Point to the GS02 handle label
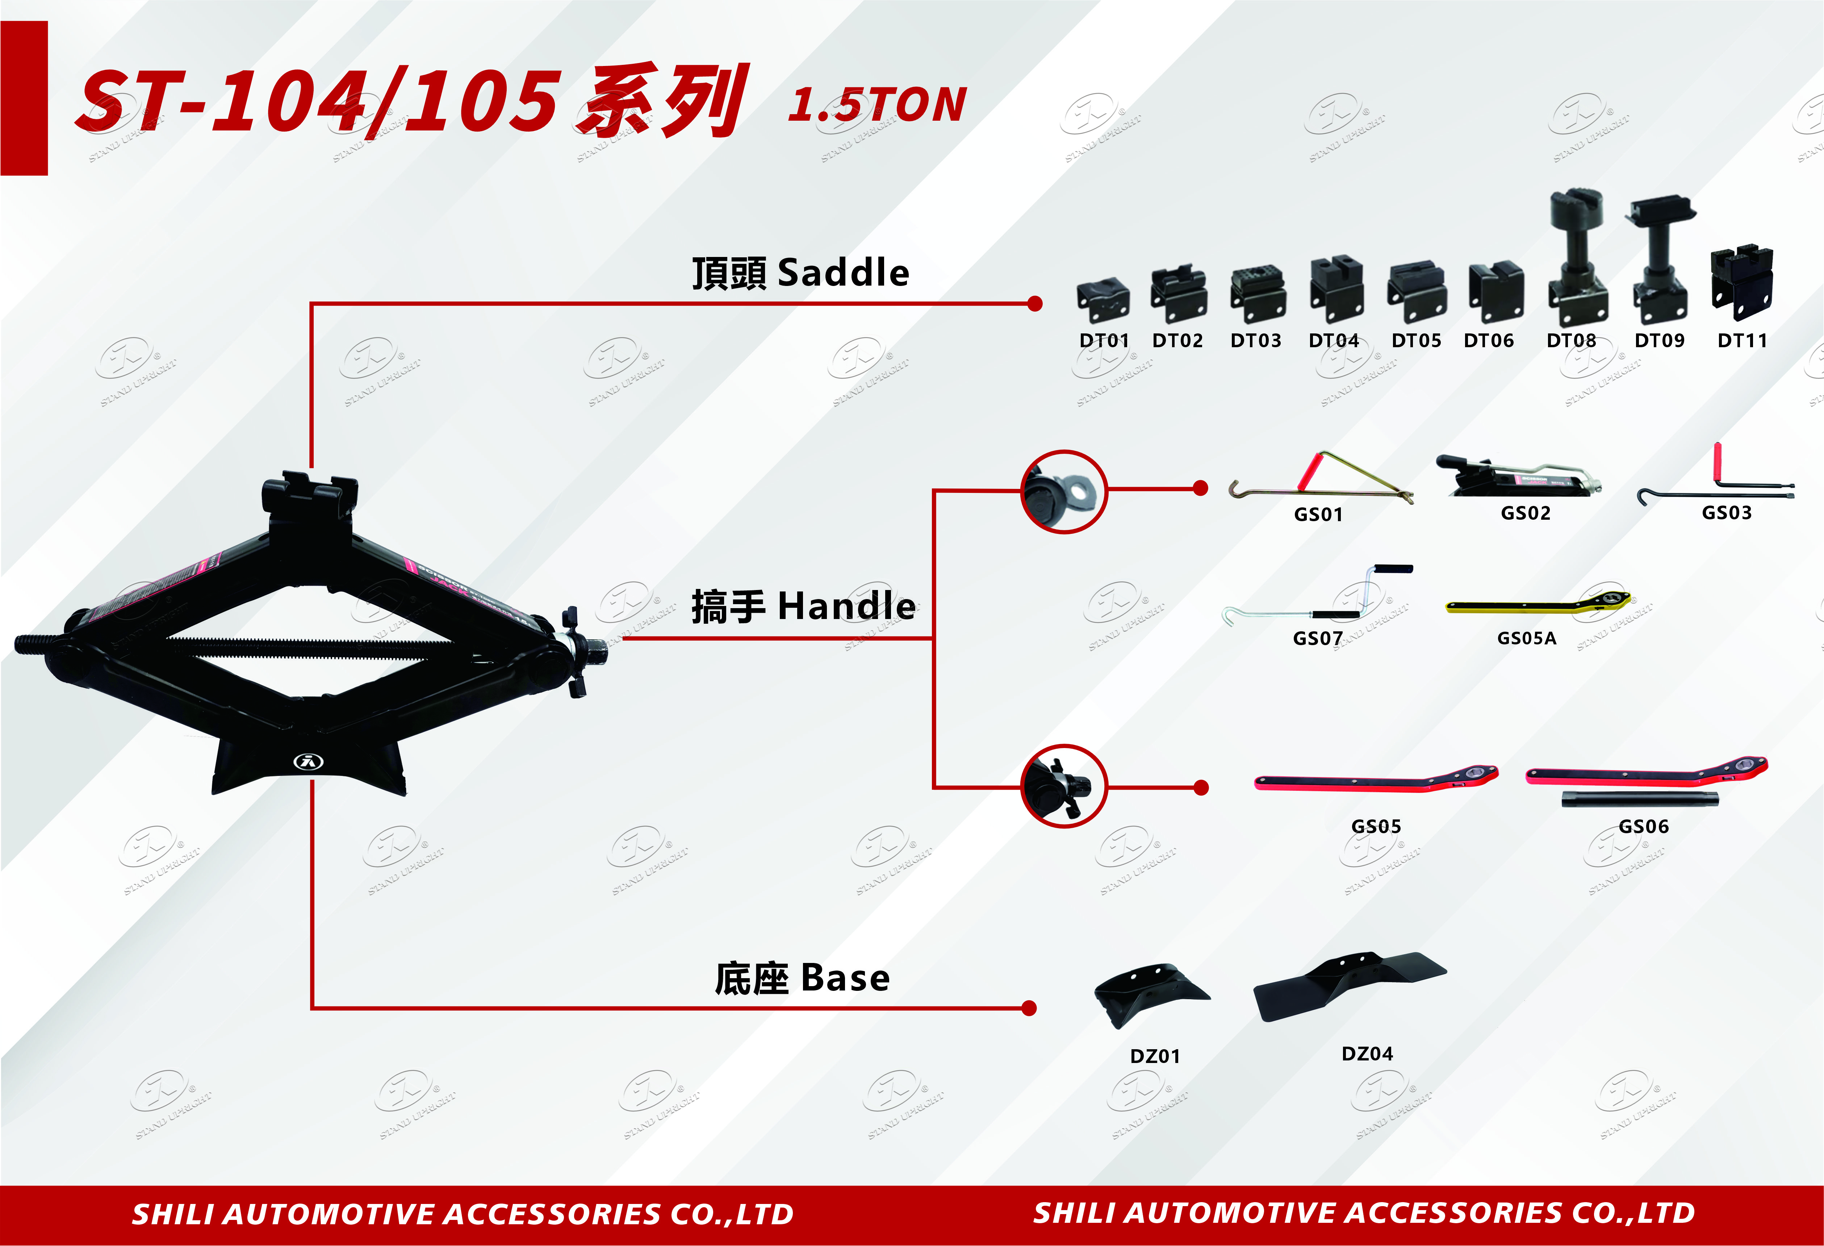tap(1525, 514)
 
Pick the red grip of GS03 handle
tap(1717, 463)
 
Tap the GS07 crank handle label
tap(1318, 638)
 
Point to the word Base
tap(845, 978)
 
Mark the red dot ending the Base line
tap(1030, 1008)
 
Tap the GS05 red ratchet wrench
tap(1375, 780)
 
